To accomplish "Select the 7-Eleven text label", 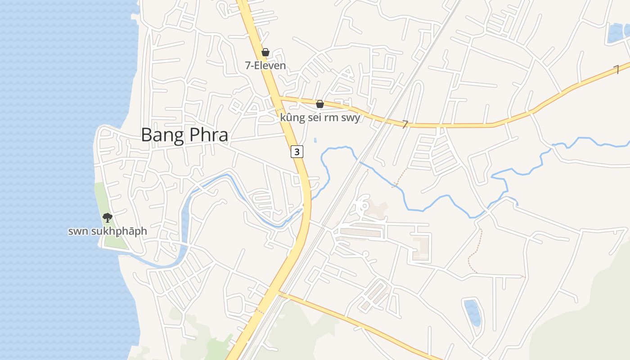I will click(265, 66).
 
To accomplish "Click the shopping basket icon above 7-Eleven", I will click(265, 53).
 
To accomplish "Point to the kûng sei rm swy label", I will click(320, 118).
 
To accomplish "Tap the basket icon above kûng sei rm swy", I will click(320, 104).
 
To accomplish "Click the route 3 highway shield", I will click(297, 152).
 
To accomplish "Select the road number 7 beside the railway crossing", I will click(405, 124).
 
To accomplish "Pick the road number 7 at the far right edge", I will click(616, 69).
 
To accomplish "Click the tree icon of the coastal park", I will click(107, 218).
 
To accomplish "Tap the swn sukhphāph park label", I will click(108, 231).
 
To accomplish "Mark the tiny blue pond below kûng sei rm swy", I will click(315, 140).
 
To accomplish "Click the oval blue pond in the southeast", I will click(472, 312).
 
